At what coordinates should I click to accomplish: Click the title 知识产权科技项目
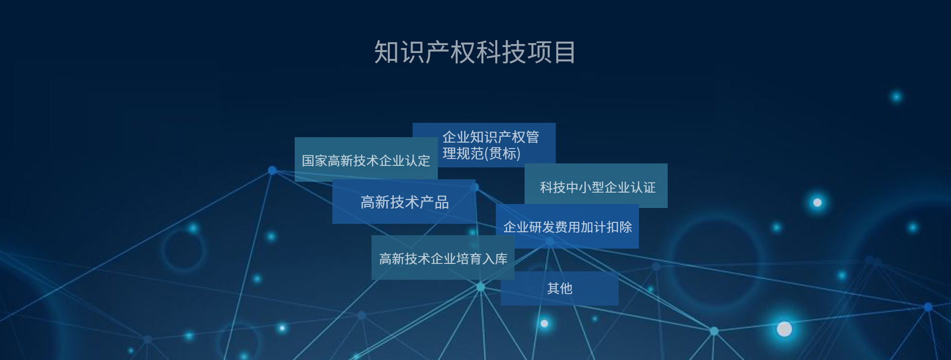point(475,52)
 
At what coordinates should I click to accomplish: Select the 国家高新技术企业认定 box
point(366,159)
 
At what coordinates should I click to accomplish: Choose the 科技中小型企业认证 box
point(596,186)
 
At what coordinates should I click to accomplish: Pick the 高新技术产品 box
point(404,202)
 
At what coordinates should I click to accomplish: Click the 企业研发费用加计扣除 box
point(567,226)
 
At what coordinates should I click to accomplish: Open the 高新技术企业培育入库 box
point(443,257)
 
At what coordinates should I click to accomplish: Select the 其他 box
point(560,288)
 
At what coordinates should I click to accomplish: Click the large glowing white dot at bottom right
point(784,329)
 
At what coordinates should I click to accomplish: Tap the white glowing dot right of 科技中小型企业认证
point(817,203)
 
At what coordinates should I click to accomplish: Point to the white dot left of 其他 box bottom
point(544,323)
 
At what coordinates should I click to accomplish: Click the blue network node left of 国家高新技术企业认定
point(272,170)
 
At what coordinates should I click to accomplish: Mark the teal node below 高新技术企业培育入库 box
point(480,287)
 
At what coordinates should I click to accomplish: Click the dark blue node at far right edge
point(928,307)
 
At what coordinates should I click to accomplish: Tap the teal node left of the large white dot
point(714,331)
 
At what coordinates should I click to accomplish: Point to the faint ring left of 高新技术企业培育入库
point(164,251)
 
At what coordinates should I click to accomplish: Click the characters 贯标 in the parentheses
point(503,154)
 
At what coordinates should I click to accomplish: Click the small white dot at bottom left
point(282,328)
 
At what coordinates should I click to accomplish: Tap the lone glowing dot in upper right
point(897,97)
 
